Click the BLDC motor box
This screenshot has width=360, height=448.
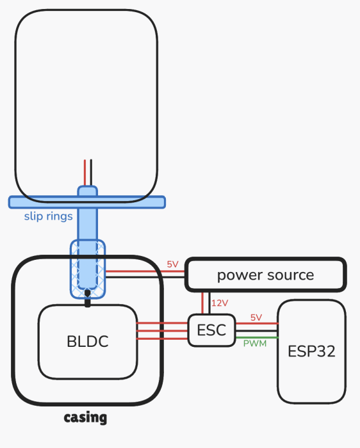[x=88, y=342]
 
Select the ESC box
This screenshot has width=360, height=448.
[x=211, y=330]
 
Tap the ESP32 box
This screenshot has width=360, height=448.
[x=312, y=351]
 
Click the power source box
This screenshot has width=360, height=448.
[x=266, y=275]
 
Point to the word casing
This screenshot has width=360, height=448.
[x=85, y=418]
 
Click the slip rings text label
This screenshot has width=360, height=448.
[x=48, y=216]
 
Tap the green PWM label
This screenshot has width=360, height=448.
[x=255, y=344]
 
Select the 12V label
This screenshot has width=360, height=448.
[x=220, y=303]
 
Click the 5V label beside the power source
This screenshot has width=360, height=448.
[x=173, y=264]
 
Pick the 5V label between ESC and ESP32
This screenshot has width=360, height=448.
[x=256, y=317]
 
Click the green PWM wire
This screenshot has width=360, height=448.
[x=256, y=338]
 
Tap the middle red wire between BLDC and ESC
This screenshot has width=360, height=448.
[x=162, y=331]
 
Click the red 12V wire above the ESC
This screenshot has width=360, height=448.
[x=202, y=303]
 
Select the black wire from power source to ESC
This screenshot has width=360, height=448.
[x=209, y=303]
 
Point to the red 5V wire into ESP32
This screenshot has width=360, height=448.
[x=256, y=323]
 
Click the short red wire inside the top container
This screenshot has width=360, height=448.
[x=85, y=173]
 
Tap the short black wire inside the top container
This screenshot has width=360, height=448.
[x=91, y=173]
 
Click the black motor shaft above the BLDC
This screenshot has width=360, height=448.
[x=88, y=298]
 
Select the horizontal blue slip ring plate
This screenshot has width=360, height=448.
[x=87, y=202]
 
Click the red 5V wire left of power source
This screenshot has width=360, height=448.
[x=145, y=271]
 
